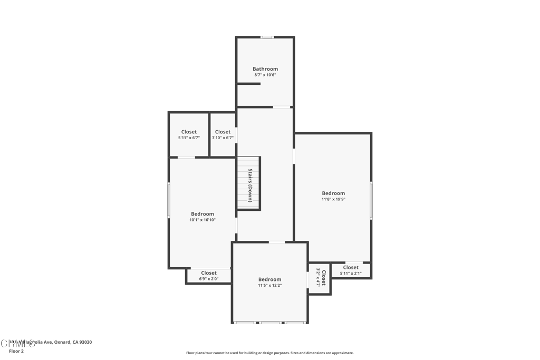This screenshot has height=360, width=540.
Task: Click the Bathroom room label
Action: (265, 69)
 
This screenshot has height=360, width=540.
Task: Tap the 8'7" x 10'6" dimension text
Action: (265, 75)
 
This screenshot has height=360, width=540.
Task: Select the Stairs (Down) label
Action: (250, 185)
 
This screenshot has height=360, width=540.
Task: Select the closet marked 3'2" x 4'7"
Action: (321, 277)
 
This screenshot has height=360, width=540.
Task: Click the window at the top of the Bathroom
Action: (267, 37)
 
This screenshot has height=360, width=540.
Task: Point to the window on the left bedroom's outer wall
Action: (169, 200)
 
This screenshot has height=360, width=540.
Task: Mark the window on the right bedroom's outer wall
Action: (371, 200)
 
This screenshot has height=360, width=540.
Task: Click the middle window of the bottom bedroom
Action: (270, 322)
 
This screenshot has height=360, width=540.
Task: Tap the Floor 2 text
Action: (16, 351)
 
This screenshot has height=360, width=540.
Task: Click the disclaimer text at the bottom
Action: (269, 353)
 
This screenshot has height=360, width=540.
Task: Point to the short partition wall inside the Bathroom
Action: (248, 83)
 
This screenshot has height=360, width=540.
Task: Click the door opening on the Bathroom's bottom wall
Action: (282, 107)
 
